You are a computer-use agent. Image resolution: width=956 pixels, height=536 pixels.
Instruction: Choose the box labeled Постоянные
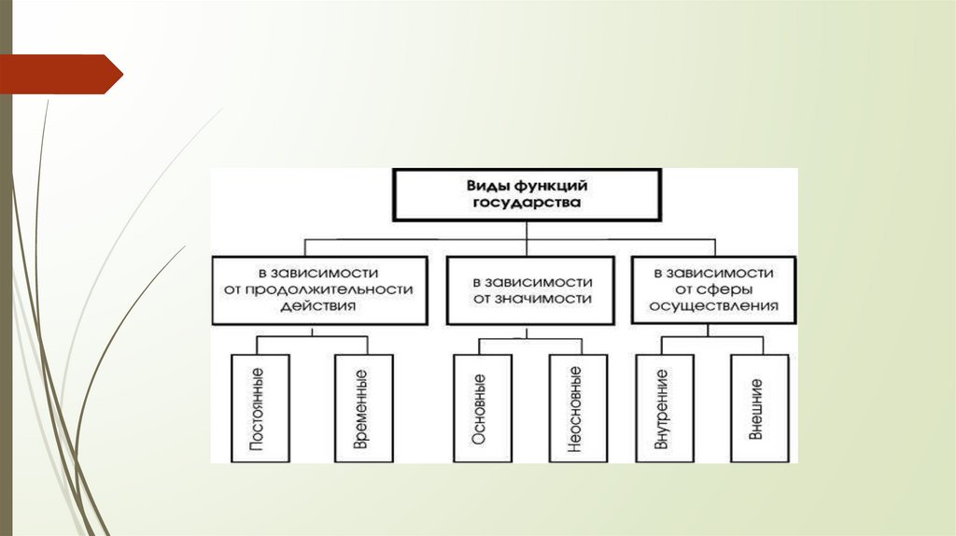[x=257, y=408]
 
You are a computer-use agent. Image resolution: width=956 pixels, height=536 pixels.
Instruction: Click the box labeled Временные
[x=361, y=408]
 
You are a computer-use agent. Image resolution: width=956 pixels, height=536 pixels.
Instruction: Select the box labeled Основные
[x=479, y=408]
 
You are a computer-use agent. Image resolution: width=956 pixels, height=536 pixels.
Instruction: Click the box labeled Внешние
[x=757, y=408]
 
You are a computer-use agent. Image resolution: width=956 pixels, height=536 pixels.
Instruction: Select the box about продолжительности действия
[x=313, y=289]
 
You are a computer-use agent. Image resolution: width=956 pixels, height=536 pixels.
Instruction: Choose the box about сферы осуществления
[x=714, y=289]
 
